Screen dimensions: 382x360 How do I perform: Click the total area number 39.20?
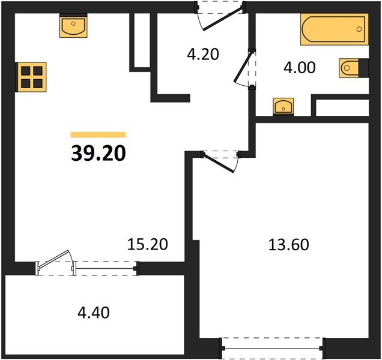(99, 153)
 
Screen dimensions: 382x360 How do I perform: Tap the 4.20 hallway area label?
(203, 54)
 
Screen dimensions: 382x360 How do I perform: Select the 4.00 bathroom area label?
(299, 67)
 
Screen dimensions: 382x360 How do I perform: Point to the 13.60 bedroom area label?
(288, 244)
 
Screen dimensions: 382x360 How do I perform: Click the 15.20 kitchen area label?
(148, 244)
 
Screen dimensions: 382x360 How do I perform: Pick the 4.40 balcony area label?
(94, 313)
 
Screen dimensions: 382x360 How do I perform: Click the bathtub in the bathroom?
(334, 29)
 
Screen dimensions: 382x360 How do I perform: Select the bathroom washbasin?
(283, 106)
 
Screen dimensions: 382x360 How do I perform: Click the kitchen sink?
(73, 26)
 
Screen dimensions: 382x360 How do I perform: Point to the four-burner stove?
(32, 77)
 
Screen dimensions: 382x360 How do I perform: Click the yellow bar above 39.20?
(98, 134)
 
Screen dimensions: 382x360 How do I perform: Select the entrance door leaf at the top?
(223, 19)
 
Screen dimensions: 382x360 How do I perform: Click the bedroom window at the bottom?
(272, 348)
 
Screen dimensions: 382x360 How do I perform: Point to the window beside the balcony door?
(105, 268)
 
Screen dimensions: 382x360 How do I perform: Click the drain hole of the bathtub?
(359, 29)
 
